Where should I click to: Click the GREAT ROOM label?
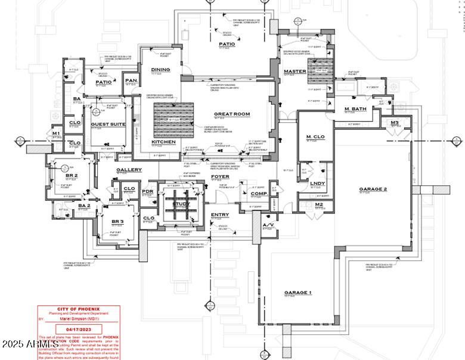[232, 114]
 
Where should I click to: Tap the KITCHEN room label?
[163, 142]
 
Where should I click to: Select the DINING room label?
[160, 70]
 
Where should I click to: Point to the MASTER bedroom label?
[295, 72]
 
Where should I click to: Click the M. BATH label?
[355, 108]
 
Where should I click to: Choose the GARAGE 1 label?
[298, 293]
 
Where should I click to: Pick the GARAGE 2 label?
[373, 190]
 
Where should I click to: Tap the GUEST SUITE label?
[108, 124]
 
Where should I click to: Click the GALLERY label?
[129, 170]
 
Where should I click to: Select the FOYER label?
[220, 177]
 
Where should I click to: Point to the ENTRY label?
[219, 215]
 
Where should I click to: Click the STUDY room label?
[181, 204]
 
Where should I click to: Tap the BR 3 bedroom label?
[117, 222]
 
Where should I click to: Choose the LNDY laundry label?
[318, 183]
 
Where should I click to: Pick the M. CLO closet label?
[314, 138]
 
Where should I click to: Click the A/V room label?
[269, 225]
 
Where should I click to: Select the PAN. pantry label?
[131, 80]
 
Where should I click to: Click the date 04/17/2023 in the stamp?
[78, 329]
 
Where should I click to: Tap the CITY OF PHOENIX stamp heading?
[78, 309]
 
